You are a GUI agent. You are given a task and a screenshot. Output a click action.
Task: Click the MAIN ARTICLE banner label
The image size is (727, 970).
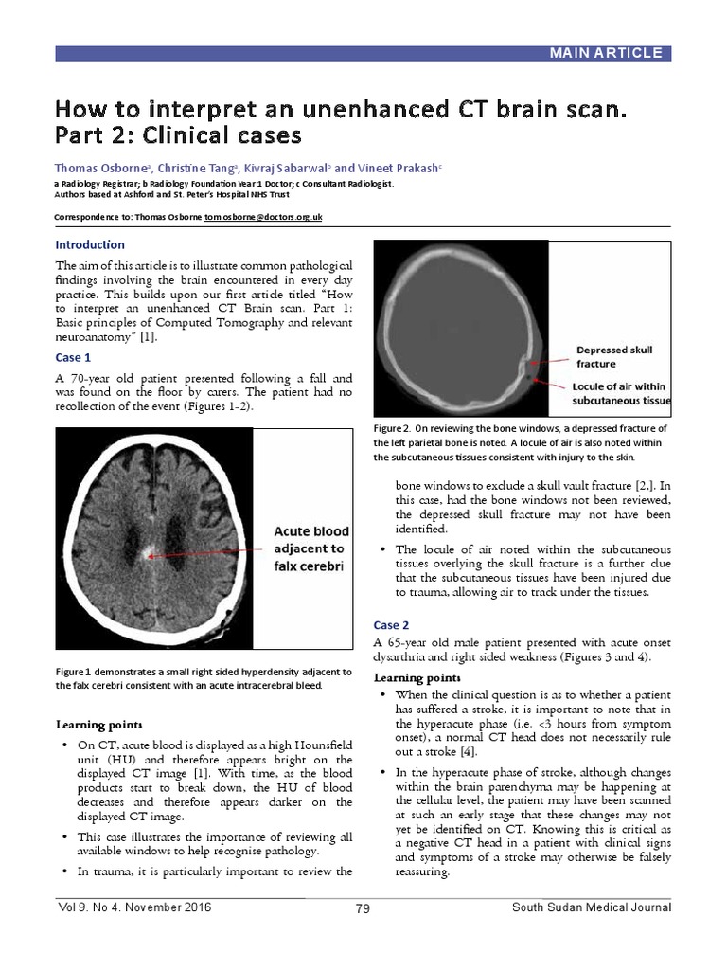coord(605,53)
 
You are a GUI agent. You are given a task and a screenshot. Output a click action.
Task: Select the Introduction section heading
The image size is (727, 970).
coord(90,244)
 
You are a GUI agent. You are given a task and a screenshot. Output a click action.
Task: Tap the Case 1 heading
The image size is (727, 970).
coord(73,357)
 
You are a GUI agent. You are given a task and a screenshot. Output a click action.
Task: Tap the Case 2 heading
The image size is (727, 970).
coord(391,625)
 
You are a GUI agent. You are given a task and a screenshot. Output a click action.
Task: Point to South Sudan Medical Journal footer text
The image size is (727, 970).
coord(592,907)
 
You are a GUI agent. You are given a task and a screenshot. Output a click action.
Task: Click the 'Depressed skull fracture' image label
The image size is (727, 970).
coord(614,357)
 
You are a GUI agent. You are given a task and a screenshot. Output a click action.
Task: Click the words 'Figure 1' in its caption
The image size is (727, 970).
coord(75,672)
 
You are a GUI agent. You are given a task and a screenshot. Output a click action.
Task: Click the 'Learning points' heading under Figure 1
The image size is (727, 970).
coord(99,725)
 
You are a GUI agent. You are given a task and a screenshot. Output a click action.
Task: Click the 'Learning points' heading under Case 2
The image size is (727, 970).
coord(417,677)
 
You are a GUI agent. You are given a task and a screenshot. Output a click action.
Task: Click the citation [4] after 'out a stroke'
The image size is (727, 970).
coord(468,751)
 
